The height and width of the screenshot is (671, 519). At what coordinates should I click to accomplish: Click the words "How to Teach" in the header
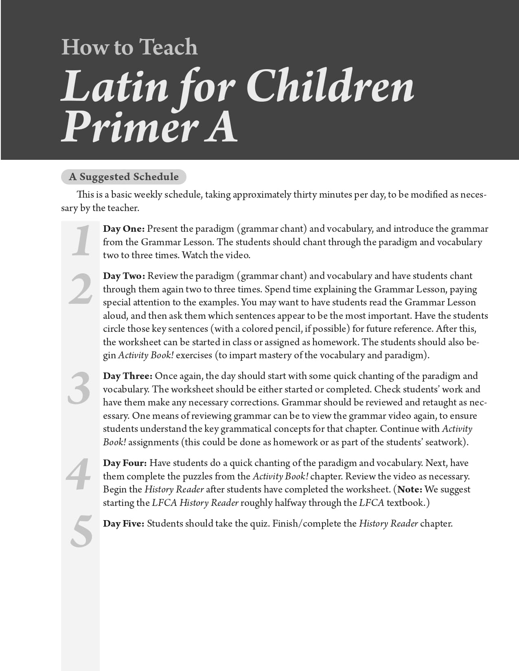[x=129, y=47]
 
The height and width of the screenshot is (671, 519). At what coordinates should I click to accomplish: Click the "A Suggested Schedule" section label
[x=124, y=177]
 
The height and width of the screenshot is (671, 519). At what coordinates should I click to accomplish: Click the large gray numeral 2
[x=81, y=290]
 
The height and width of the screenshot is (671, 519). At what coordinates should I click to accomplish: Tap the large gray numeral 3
[x=79, y=389]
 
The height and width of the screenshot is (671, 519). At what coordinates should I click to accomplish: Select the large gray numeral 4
[x=79, y=474]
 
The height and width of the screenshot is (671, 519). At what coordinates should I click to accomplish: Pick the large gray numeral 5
[x=81, y=531]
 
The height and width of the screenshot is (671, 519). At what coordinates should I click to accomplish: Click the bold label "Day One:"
[x=124, y=229]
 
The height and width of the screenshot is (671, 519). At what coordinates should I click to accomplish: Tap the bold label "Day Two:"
[x=124, y=276]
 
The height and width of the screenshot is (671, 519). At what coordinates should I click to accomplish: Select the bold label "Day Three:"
[x=127, y=376]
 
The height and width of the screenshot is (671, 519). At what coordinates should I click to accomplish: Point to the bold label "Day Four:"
[x=125, y=463]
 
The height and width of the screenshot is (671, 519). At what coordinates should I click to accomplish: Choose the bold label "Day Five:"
[x=123, y=524]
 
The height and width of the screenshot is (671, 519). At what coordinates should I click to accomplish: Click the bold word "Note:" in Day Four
[x=410, y=490]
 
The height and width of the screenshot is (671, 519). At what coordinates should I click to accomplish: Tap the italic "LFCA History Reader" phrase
[x=195, y=503]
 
